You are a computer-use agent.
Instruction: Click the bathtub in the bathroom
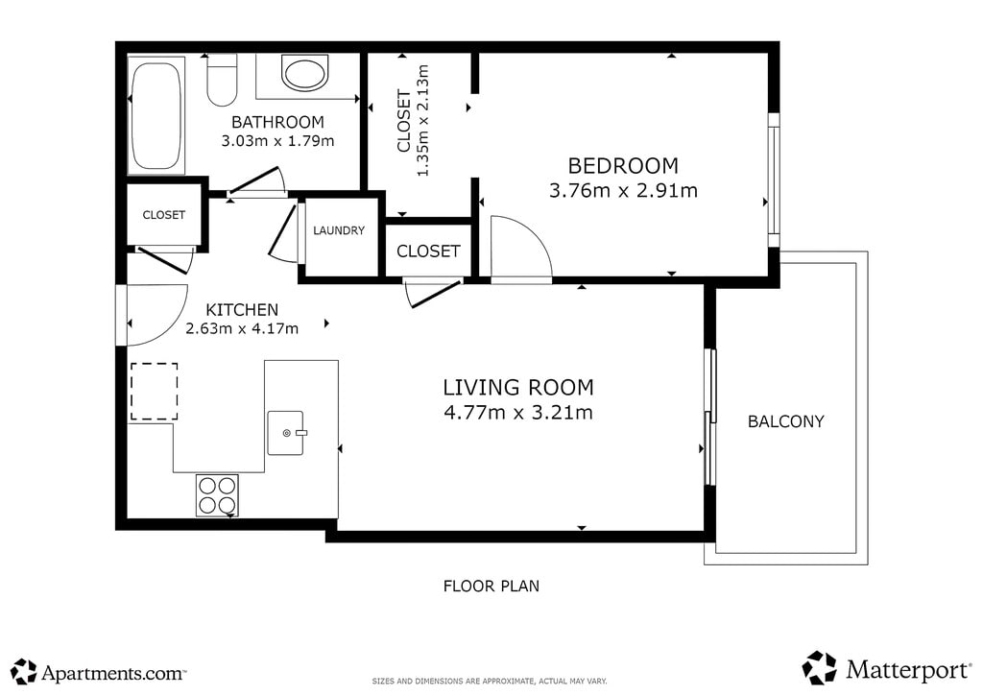[x=156, y=116]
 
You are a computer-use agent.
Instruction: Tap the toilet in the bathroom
[x=222, y=81]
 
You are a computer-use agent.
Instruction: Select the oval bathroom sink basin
[x=304, y=73]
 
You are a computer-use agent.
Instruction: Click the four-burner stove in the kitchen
[x=217, y=495]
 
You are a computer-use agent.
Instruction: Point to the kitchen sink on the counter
[x=286, y=432]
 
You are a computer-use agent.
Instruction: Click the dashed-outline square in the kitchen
[x=155, y=391]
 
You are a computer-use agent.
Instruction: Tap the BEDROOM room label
[x=623, y=166]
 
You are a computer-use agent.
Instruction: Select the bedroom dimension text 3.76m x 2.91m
[x=623, y=190]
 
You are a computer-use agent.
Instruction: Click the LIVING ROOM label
[x=518, y=388]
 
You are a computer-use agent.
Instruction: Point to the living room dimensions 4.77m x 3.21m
[x=518, y=413]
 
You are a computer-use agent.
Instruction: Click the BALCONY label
[x=786, y=421]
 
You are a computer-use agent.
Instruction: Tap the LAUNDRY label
[x=339, y=230]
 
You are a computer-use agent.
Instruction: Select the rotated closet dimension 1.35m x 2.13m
[x=423, y=120]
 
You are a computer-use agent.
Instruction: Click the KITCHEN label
[x=242, y=310]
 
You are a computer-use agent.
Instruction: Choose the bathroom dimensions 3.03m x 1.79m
[x=277, y=141]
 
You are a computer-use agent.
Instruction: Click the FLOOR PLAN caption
[x=491, y=587]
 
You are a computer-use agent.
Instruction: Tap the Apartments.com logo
[x=99, y=672]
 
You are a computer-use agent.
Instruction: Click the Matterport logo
[x=886, y=668]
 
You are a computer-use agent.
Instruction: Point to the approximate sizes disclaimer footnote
[x=490, y=682]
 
